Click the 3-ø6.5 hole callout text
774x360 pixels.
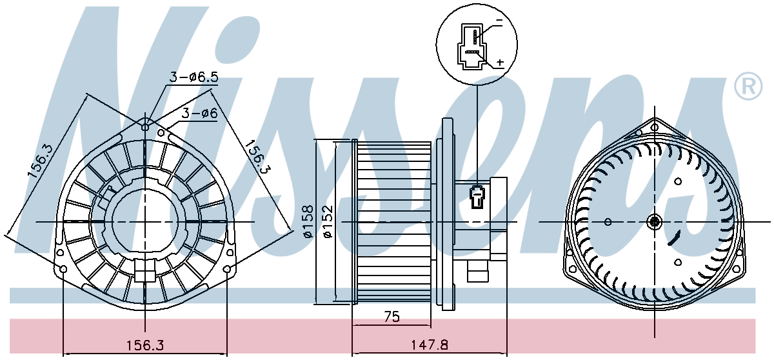tap(194, 77)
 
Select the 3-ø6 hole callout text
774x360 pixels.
tap(199, 114)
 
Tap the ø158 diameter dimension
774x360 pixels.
tap(308, 221)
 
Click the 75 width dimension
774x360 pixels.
tap(392, 317)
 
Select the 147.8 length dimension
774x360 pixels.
tap(429, 345)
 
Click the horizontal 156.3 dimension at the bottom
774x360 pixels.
tap(144, 345)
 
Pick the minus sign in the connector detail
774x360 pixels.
tap(499, 20)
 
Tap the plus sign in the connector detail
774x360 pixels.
tap(500, 62)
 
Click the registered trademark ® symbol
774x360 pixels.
tap(748, 86)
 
